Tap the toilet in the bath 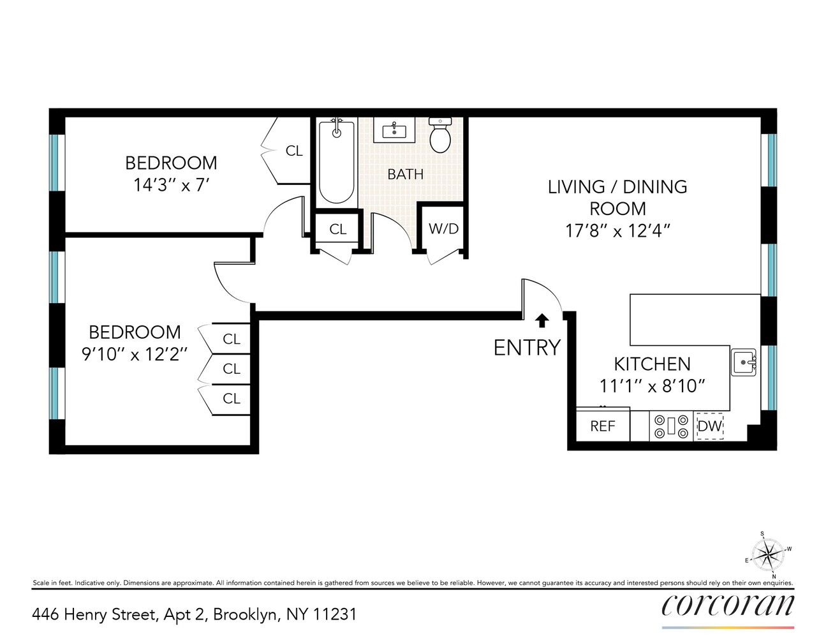coord(440,136)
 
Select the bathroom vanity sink coord(394,131)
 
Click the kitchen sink coord(744,362)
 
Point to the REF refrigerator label coord(603,426)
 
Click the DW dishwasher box coord(709,426)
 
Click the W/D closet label coord(443,228)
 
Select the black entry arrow coord(542,320)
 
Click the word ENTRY coord(527,348)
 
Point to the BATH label coord(405,174)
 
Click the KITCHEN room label coord(652,364)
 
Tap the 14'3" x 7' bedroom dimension coord(172,186)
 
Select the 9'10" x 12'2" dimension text coord(135,354)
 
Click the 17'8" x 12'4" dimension coord(617,231)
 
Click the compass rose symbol coord(768,554)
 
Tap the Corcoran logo coord(728,605)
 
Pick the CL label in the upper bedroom coord(294,151)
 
